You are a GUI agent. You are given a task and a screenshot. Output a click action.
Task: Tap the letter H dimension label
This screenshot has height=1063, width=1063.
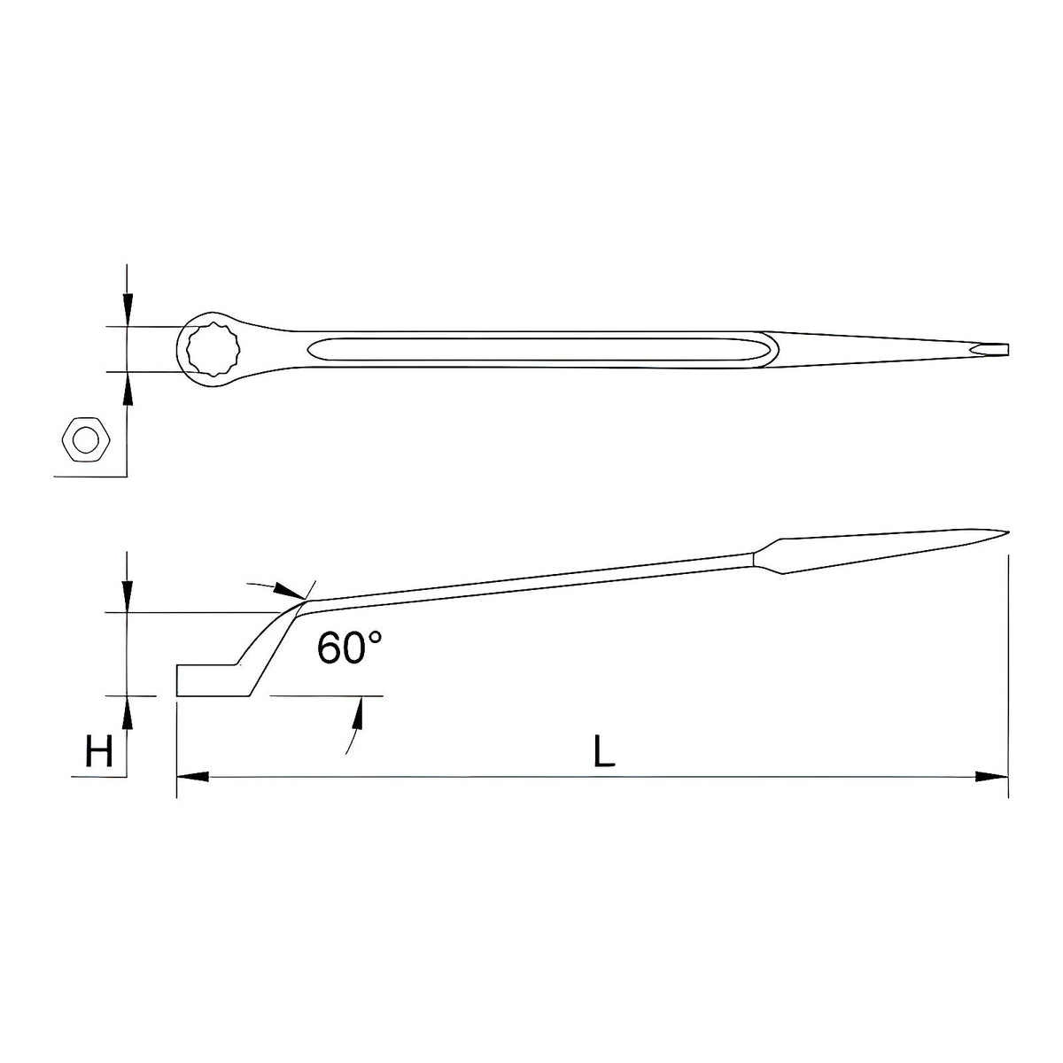click(99, 751)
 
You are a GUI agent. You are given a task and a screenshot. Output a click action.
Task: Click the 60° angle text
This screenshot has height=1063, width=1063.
click(349, 648)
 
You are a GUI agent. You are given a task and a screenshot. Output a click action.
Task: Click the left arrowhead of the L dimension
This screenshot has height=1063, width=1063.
click(192, 777)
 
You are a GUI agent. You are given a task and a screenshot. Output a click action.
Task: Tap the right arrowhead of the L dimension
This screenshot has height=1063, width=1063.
click(991, 777)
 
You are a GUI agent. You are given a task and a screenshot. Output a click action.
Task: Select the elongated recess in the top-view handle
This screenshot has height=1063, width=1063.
click(542, 349)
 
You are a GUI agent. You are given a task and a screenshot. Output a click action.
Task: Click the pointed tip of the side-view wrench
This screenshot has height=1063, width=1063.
click(1007, 532)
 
